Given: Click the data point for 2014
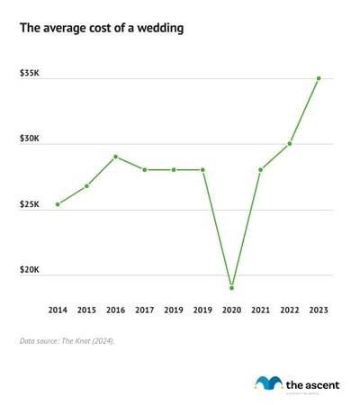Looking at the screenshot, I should (58, 204).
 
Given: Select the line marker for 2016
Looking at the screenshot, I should (116, 157).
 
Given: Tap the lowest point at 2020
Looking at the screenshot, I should (231, 288).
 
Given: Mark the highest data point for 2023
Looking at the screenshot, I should (319, 78).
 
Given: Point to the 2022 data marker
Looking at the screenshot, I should (290, 143).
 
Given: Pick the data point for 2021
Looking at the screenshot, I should (261, 169).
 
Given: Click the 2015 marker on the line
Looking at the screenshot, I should (86, 186).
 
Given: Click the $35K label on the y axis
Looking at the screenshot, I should (29, 72).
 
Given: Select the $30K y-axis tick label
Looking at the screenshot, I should (29, 139).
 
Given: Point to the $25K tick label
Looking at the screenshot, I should (29, 204).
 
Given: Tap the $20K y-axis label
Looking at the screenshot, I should (29, 270).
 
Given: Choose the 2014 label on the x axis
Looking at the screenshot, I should (58, 310).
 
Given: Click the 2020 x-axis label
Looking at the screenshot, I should (231, 310).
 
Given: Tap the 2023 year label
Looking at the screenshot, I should (319, 310).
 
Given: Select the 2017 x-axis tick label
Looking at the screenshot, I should (145, 310).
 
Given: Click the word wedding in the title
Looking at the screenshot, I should (155, 29).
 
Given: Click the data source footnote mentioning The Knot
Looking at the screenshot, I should (67, 341).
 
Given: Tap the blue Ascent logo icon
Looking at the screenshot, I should (267, 382).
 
